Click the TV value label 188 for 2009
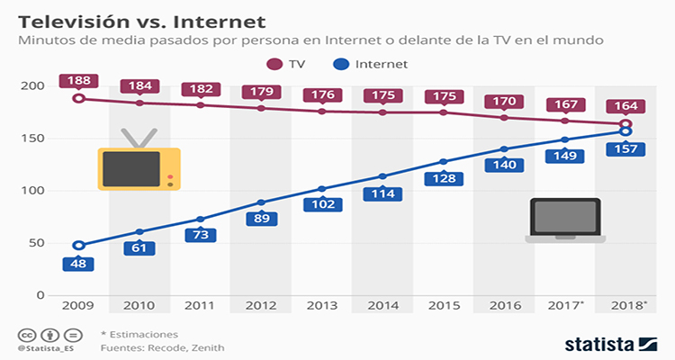(x=78, y=81)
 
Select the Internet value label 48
(x=78, y=265)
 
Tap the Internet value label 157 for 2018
(x=626, y=148)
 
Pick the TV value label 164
(x=626, y=106)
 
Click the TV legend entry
(x=287, y=64)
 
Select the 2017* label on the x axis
(x=565, y=307)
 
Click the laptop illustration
(x=565, y=221)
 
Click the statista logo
(x=611, y=343)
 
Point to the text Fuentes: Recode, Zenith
(x=161, y=347)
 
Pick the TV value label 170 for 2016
(x=504, y=100)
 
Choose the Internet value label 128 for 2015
(x=443, y=178)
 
